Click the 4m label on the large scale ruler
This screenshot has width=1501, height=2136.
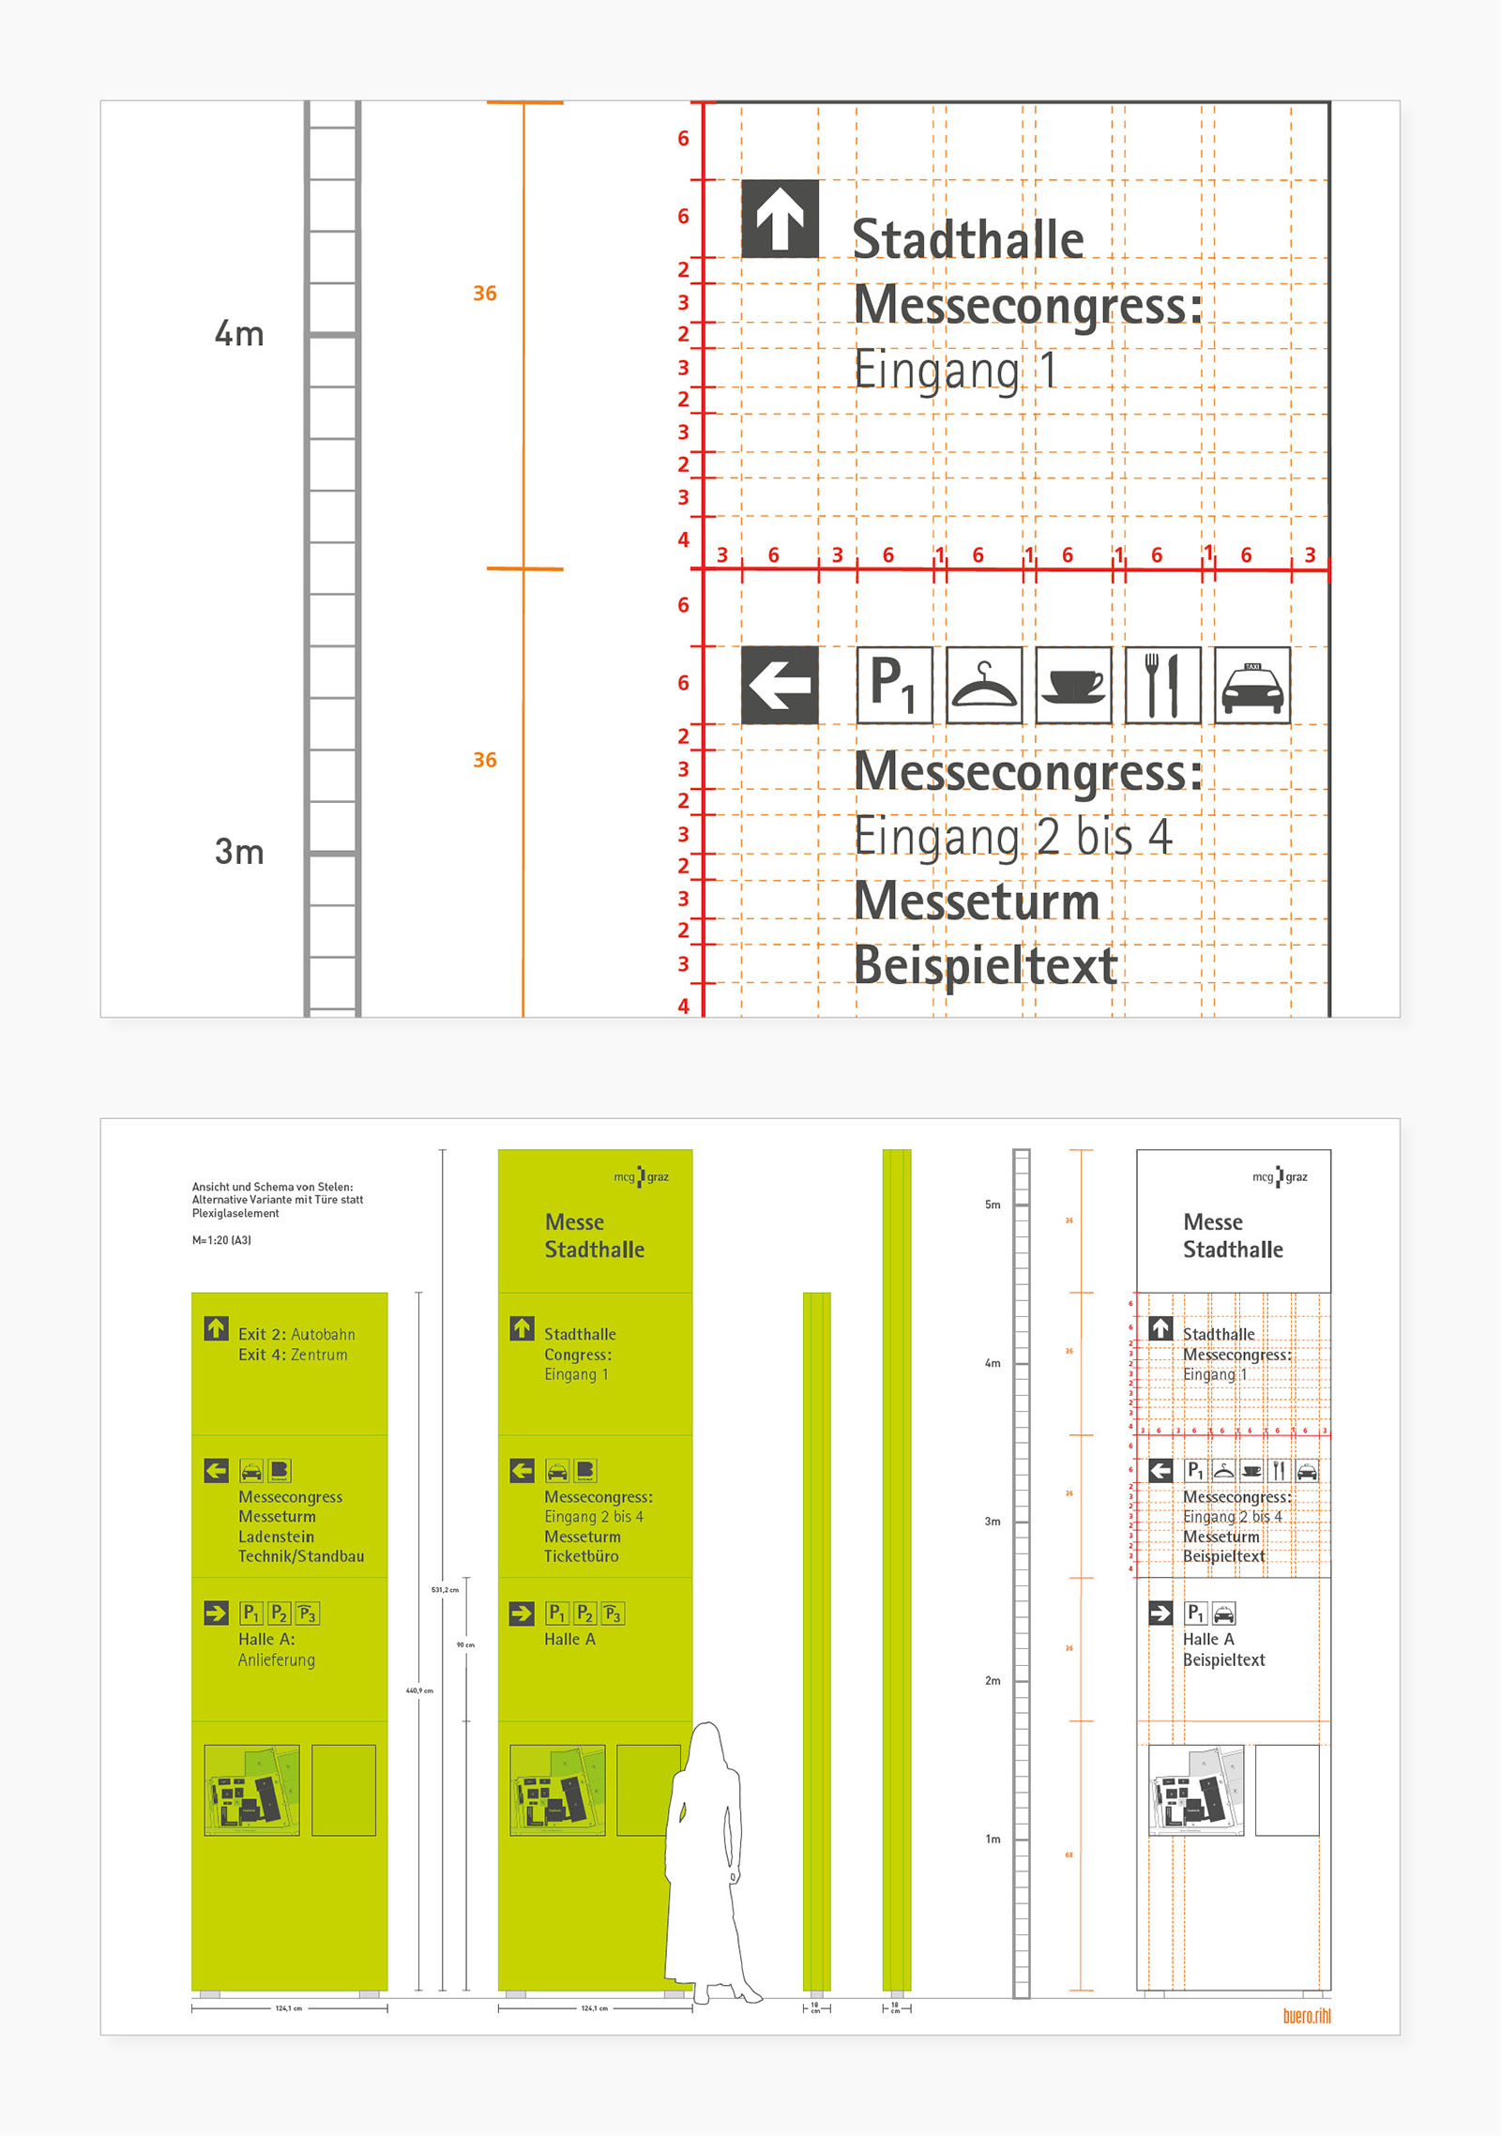click(x=238, y=334)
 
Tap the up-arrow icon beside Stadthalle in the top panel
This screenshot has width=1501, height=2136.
click(x=780, y=219)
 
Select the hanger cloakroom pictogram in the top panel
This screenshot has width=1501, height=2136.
click(x=984, y=686)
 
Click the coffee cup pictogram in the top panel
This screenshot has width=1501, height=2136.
click(x=1073, y=686)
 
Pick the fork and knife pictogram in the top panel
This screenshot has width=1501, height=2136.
click(x=1162, y=686)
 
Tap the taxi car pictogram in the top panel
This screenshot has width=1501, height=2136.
click(x=1252, y=686)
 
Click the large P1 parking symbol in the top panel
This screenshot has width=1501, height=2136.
click(x=894, y=686)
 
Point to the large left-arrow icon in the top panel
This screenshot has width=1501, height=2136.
click(x=780, y=686)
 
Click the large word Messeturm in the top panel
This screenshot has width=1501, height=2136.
click(x=977, y=901)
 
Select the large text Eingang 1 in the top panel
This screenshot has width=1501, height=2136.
click(x=956, y=370)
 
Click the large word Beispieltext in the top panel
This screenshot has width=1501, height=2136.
click(x=985, y=965)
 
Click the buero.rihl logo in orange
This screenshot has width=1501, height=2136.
click(x=1306, y=2016)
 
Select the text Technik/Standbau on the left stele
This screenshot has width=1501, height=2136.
click(x=301, y=1556)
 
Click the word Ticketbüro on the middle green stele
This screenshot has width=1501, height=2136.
click(x=581, y=1556)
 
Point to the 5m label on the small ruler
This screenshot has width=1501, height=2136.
click(x=993, y=1204)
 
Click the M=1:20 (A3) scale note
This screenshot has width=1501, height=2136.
click(x=221, y=1240)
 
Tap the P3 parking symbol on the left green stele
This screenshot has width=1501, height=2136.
click(x=308, y=1613)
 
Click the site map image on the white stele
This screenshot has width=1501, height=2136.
click(x=1196, y=1790)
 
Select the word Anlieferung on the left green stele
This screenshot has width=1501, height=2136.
click(x=277, y=1660)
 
